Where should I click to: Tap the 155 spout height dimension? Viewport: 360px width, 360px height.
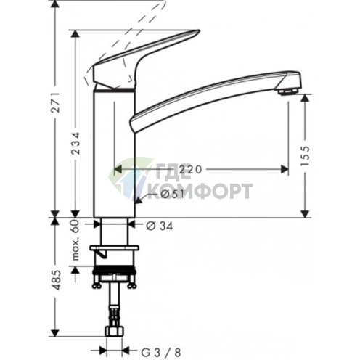[x=306, y=157]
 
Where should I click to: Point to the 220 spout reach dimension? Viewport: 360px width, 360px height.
[x=189, y=169]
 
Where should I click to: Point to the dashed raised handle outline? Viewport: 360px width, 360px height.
[x=123, y=33]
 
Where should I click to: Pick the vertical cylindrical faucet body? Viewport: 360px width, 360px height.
[x=114, y=152]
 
